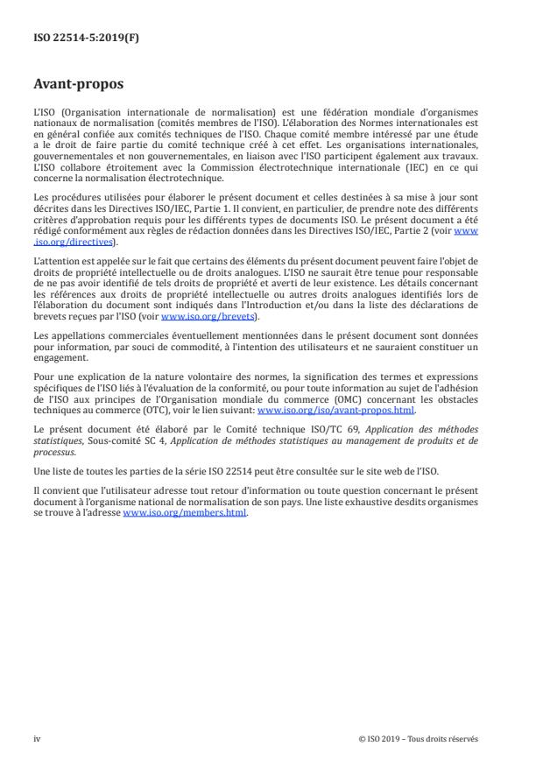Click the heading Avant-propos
(78, 86)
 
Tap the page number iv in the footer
(37, 739)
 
